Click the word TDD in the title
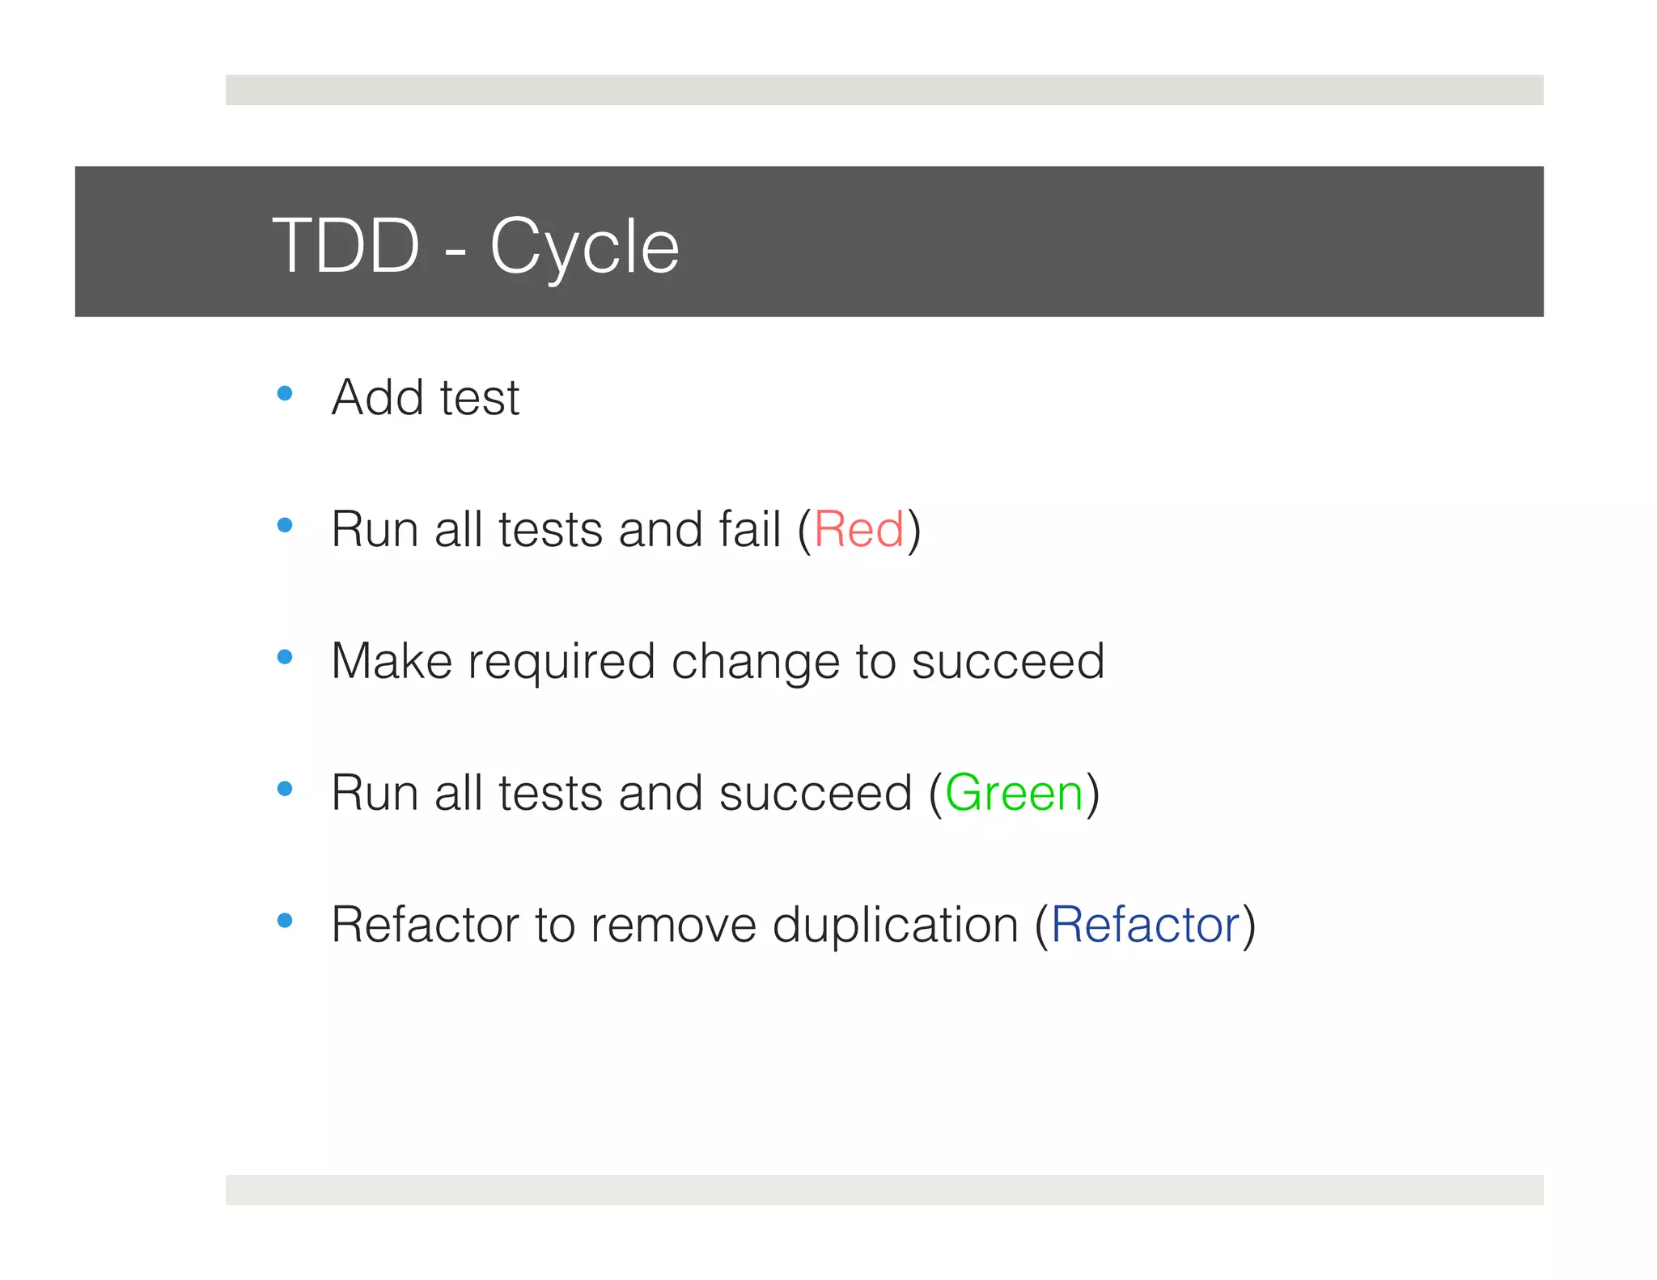tap(345, 246)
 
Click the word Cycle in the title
tap(584, 248)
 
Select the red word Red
tap(858, 530)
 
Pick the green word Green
tap(1014, 793)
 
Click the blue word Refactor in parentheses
tap(1145, 925)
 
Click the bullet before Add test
tap(285, 394)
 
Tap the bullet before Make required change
tap(285, 657)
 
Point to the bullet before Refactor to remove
tap(285, 921)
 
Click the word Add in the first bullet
tap(377, 398)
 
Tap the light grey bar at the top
tap(884, 90)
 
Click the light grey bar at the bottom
tap(884, 1189)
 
